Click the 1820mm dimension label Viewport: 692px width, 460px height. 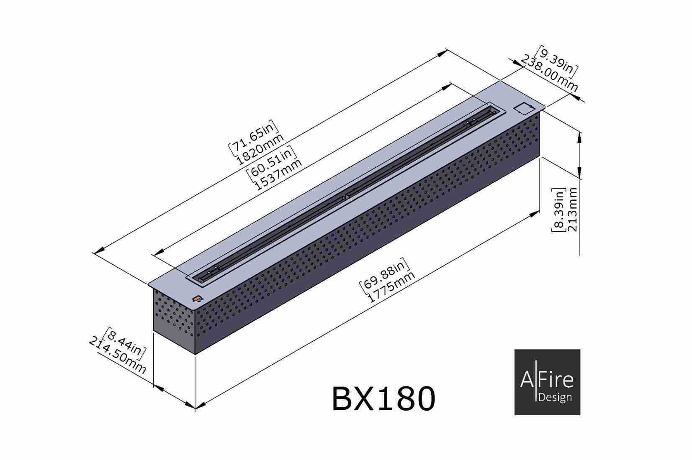tap(260, 149)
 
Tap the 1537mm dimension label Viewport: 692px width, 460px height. tap(278, 175)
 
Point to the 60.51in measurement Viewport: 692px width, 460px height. tap(272, 162)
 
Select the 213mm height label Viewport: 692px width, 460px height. tap(572, 210)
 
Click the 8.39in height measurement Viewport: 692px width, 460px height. tap(558, 210)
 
